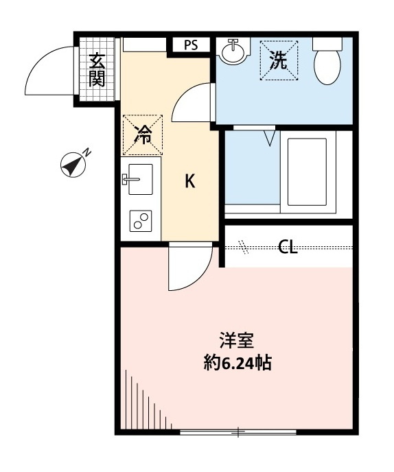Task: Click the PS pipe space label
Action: point(191,45)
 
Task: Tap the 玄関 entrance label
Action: point(97,69)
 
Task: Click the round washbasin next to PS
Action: point(234,51)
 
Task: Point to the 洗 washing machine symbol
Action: point(279,60)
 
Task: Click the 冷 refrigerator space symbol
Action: point(143,135)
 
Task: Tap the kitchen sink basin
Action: point(141,180)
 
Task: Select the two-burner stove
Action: point(141,221)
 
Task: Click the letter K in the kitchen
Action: point(190,181)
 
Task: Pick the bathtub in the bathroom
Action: point(308,172)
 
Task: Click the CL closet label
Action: point(288,247)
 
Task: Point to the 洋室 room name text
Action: point(237,340)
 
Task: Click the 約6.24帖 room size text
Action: point(237,362)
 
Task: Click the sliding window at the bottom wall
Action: point(238,432)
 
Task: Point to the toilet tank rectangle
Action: point(327,44)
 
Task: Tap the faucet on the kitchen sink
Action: point(130,179)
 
